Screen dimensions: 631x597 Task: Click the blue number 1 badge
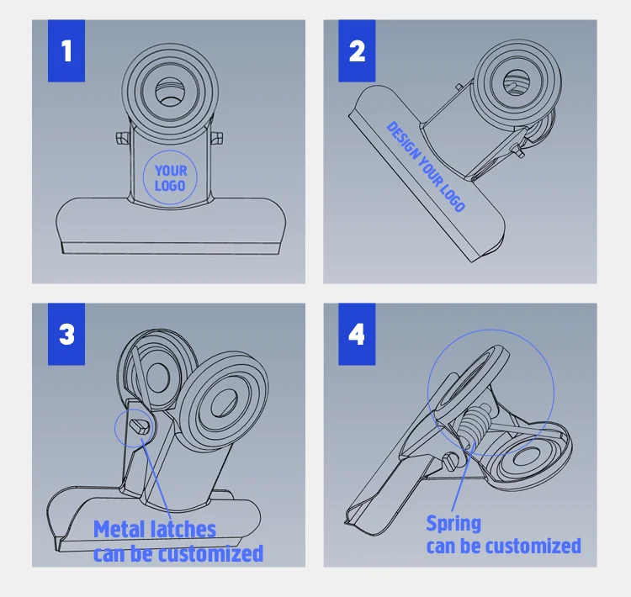(x=66, y=50)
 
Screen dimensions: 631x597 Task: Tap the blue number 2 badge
(x=357, y=50)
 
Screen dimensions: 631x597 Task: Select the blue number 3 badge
(x=66, y=334)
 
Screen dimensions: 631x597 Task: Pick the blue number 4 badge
(x=357, y=334)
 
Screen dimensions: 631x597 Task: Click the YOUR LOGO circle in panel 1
(x=143, y=177)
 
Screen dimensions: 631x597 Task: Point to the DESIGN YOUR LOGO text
(x=426, y=166)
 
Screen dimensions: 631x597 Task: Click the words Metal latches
(x=155, y=529)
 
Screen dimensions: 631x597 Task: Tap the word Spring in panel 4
(x=453, y=523)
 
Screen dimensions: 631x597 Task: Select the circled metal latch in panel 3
(x=140, y=425)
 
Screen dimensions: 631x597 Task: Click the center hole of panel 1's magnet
(x=170, y=92)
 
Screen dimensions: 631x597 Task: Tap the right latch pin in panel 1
(x=216, y=138)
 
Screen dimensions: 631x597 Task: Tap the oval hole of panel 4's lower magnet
(x=528, y=457)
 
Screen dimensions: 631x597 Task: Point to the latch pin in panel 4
(x=452, y=461)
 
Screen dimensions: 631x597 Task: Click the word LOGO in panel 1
(x=170, y=186)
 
